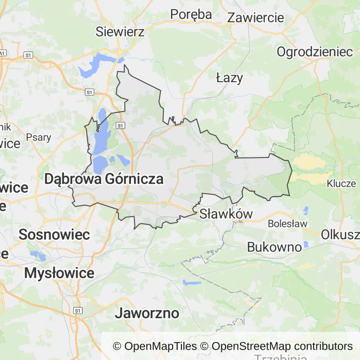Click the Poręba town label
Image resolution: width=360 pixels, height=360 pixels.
[x=191, y=15]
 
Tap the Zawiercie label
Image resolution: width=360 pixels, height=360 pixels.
[x=255, y=18]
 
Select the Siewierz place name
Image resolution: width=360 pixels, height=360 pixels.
[x=120, y=31]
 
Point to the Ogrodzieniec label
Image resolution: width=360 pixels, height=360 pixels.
[x=315, y=52]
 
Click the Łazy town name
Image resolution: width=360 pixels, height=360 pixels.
[x=230, y=78]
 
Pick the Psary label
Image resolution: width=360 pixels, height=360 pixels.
[x=39, y=138]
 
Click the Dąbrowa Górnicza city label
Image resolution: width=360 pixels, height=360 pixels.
[x=104, y=179]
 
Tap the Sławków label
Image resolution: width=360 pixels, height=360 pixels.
[x=226, y=214]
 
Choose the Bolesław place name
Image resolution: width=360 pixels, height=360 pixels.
[x=287, y=224]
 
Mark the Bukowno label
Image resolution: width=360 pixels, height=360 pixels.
[x=274, y=247]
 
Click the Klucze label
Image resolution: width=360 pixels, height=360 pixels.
[x=341, y=183]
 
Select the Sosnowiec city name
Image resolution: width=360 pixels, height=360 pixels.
[x=54, y=235]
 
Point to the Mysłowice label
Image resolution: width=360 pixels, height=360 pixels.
[x=59, y=273]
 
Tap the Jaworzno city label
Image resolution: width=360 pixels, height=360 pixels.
[x=147, y=313]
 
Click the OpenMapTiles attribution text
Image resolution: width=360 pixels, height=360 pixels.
[x=155, y=346]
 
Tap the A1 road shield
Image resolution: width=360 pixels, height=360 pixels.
[x=2, y=53]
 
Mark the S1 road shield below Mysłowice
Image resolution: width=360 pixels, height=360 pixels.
[x=78, y=310]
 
